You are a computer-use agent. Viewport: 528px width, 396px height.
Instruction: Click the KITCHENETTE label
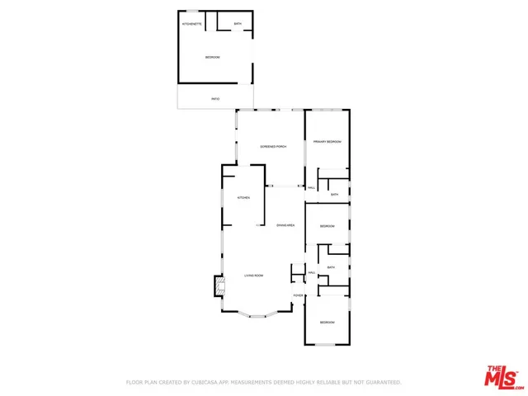coord(191,24)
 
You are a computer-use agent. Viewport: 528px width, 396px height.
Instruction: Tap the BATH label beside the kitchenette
coord(238,24)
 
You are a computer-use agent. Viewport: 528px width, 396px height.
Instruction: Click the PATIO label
coord(215,99)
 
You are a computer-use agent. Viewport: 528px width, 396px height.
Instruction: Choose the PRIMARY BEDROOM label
coord(328,142)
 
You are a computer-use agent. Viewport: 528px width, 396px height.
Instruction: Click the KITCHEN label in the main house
coord(243,198)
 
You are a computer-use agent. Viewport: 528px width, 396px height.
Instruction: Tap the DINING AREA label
coord(286,225)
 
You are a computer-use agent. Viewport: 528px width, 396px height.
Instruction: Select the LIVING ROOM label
coord(252,276)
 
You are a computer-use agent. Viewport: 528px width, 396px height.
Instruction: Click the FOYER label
coord(298,295)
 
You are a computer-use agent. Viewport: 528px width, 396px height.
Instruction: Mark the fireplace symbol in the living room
coord(219,286)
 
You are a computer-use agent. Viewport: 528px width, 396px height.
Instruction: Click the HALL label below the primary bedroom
coord(312,188)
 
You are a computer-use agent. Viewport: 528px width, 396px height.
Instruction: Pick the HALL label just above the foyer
coord(312,273)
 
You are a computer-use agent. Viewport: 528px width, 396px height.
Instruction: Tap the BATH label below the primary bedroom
coord(334,194)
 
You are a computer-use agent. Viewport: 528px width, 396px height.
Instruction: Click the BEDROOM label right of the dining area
coord(328,226)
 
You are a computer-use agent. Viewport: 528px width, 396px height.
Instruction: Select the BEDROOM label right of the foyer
coord(328,322)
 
